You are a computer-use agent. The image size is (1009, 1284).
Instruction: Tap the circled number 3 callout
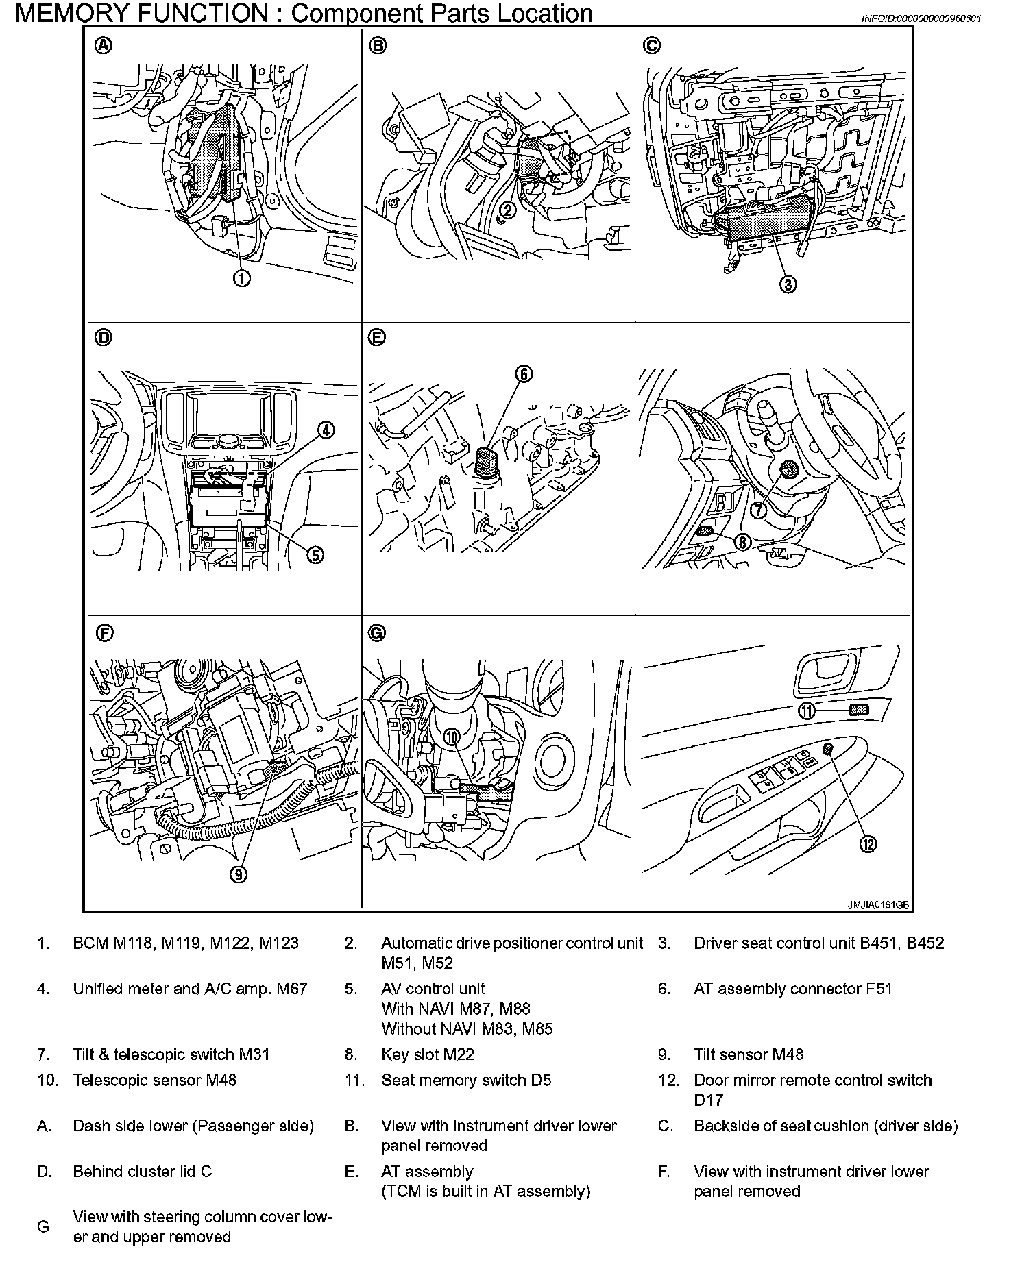(x=789, y=284)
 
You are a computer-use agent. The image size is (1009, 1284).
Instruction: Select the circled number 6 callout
(x=523, y=374)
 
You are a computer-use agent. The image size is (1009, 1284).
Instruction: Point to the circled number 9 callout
(x=239, y=874)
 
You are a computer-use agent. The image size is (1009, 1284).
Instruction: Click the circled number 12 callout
(x=868, y=845)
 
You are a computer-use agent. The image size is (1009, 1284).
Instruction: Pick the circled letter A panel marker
(x=103, y=46)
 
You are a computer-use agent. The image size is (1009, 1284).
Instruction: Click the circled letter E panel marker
(x=377, y=338)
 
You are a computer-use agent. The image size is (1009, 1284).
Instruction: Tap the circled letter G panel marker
(x=377, y=633)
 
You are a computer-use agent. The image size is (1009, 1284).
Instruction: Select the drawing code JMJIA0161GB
(x=878, y=904)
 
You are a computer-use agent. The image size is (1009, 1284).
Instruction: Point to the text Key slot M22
(x=427, y=1054)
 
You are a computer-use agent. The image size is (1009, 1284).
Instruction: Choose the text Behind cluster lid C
(x=143, y=1172)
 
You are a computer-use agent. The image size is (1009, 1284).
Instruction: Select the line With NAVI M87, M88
(x=456, y=1009)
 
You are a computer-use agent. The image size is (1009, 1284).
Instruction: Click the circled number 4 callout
(x=326, y=430)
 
